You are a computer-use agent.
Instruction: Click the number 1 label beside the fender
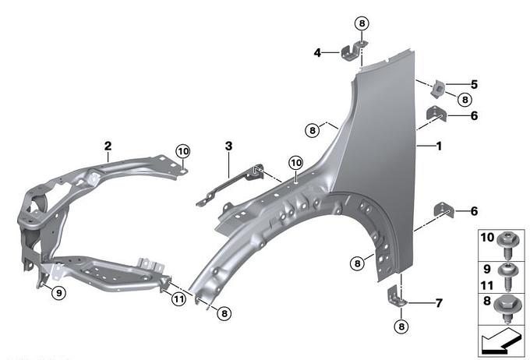[439, 146]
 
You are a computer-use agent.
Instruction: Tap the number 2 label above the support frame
[108, 146]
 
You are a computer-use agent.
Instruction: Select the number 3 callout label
[228, 146]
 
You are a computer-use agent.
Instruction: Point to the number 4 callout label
[317, 53]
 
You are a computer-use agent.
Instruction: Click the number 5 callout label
[474, 84]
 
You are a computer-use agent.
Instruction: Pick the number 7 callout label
[439, 302]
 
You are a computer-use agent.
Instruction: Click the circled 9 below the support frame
[58, 292]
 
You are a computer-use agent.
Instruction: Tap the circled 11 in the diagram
[178, 298]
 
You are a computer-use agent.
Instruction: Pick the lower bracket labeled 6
[442, 211]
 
